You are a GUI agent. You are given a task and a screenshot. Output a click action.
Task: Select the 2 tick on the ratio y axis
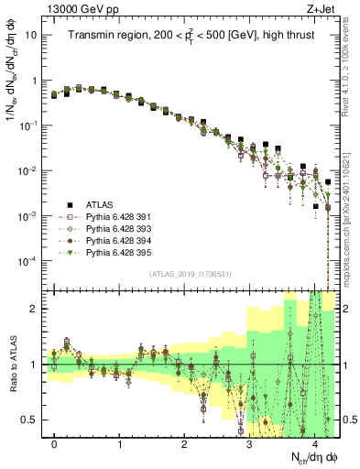coord(37,309)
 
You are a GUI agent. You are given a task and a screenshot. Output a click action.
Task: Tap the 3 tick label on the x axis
coord(249,443)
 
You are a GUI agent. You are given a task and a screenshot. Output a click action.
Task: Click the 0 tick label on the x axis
coord(55,443)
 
